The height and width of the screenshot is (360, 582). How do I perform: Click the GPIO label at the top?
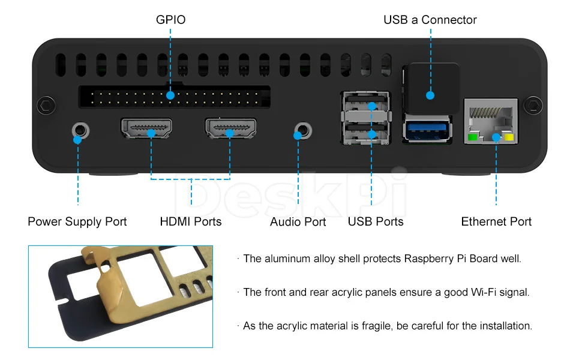tap(171, 20)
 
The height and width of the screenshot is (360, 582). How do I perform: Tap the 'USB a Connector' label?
tap(430, 20)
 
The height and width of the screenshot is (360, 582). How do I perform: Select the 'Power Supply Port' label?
tap(77, 221)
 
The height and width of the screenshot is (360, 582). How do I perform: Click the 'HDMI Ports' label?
tap(191, 221)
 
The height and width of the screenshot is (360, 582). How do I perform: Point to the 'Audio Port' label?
tap(298, 221)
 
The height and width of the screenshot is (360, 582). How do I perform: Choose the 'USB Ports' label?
tap(376, 221)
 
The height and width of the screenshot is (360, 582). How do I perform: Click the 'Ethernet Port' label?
tap(496, 221)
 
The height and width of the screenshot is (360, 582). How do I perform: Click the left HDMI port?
tap(146, 128)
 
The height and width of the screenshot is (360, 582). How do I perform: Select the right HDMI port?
tap(230, 128)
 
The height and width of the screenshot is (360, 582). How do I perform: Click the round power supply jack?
tap(80, 131)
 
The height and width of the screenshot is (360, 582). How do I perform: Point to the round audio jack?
tap(303, 131)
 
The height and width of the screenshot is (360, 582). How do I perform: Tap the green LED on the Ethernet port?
tap(473, 137)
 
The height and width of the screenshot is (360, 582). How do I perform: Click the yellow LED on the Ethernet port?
tap(509, 137)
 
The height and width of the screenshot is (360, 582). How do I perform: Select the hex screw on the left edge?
tap(46, 106)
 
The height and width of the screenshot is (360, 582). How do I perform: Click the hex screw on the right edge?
tap(533, 106)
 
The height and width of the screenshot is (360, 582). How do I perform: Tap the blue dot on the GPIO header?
tap(170, 95)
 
